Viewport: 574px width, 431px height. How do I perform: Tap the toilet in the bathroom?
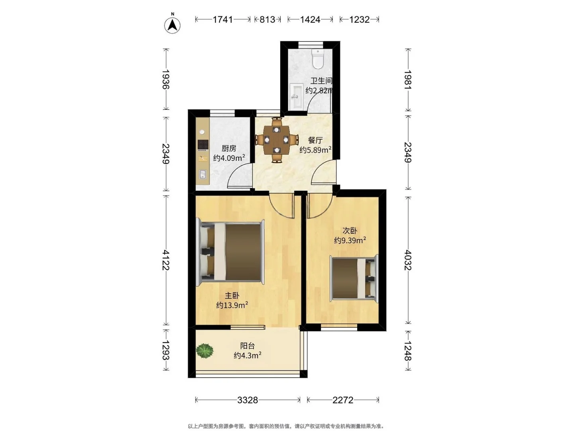tap(318, 59)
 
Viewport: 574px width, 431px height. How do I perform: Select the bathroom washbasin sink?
tap(296, 96)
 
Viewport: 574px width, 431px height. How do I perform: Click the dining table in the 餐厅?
tap(276, 140)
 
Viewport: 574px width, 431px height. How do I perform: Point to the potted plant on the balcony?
tap(205, 351)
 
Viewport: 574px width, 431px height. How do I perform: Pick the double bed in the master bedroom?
tap(230, 253)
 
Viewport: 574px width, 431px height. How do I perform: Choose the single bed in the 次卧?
tap(354, 279)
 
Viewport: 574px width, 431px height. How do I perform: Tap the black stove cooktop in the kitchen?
tap(203, 145)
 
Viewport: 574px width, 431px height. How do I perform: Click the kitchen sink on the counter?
tap(203, 174)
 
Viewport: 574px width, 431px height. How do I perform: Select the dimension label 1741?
tap(222, 20)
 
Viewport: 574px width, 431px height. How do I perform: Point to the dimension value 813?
tap(267, 20)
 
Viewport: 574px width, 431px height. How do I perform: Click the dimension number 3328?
tap(248, 400)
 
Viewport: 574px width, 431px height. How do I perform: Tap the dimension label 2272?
tap(343, 400)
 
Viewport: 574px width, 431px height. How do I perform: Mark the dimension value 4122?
tap(166, 260)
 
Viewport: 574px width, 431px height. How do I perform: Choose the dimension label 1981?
tap(408, 80)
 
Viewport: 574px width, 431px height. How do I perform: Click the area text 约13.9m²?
tap(232, 305)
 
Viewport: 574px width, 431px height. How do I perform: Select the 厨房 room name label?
tap(229, 148)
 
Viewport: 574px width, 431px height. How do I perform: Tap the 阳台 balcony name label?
tap(248, 346)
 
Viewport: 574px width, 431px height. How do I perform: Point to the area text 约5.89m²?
tap(316, 150)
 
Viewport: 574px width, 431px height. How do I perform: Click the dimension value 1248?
tap(408, 351)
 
